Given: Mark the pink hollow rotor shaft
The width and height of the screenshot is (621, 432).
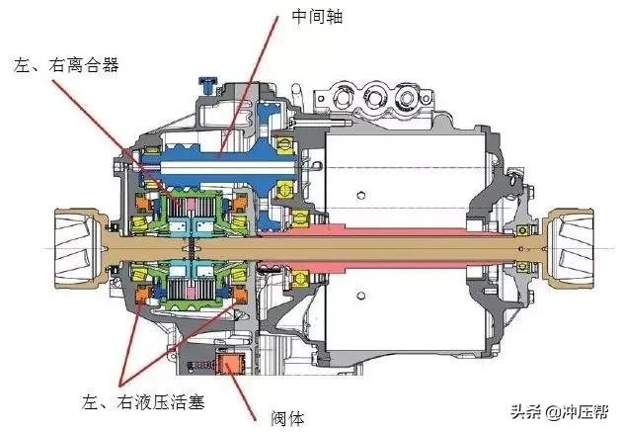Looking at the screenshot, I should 395,238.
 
